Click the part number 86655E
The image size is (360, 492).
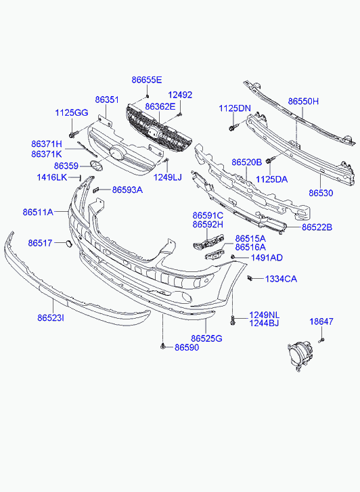click(x=147, y=80)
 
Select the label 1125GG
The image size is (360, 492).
click(x=72, y=112)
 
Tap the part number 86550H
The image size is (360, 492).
click(x=303, y=102)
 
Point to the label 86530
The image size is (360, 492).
click(x=321, y=193)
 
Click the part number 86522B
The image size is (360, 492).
click(x=317, y=227)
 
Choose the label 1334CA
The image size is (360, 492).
click(x=281, y=279)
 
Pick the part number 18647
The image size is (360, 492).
click(x=321, y=321)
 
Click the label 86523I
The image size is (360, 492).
click(x=51, y=318)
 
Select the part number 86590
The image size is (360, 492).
click(x=187, y=347)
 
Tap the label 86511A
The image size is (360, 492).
click(x=38, y=212)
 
